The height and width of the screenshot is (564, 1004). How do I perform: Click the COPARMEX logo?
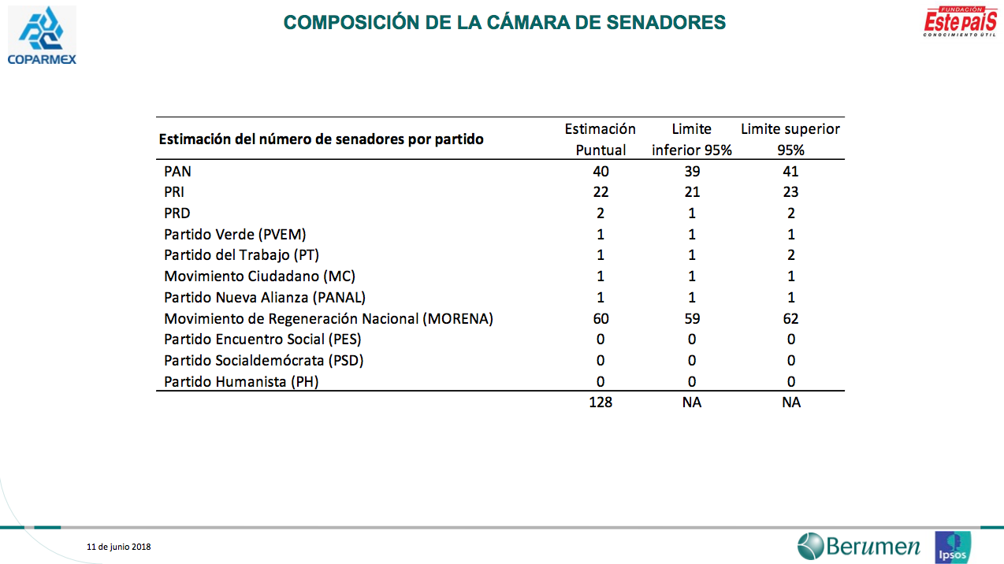42,35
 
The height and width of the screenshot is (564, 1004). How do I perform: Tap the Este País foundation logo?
960,21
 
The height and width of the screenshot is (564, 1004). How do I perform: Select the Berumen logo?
858,546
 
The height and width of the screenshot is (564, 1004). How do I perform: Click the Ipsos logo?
953,547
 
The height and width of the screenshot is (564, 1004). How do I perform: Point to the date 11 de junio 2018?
119,547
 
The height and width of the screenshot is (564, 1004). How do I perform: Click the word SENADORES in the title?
666,22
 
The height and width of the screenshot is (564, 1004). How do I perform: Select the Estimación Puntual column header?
601,139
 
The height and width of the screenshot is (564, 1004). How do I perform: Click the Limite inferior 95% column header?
692,139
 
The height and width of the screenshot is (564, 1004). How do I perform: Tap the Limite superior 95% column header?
790,139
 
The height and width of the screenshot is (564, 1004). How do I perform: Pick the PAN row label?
177,171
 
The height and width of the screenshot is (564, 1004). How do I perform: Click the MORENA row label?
329,318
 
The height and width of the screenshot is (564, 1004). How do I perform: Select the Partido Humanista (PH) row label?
241,382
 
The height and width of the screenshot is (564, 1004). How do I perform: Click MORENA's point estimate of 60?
601,318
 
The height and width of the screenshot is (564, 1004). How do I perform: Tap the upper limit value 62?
790,318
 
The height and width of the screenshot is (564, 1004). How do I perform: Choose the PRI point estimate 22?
601,191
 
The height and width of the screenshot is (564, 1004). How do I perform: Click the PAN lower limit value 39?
692,171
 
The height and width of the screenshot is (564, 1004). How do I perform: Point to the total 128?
601,403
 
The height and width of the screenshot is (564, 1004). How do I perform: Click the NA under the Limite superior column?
791,403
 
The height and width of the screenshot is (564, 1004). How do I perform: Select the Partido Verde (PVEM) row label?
235,234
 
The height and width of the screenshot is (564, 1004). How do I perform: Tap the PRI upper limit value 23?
790,191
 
